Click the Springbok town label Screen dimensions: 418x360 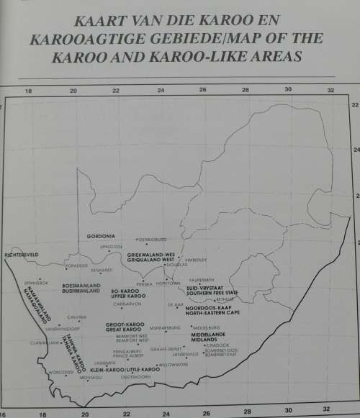35,282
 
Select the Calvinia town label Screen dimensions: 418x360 77,317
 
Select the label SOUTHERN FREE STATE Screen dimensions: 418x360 210,292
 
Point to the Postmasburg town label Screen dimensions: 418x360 151,240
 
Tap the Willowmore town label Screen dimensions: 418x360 173,365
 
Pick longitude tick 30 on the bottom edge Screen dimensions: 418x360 288,414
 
